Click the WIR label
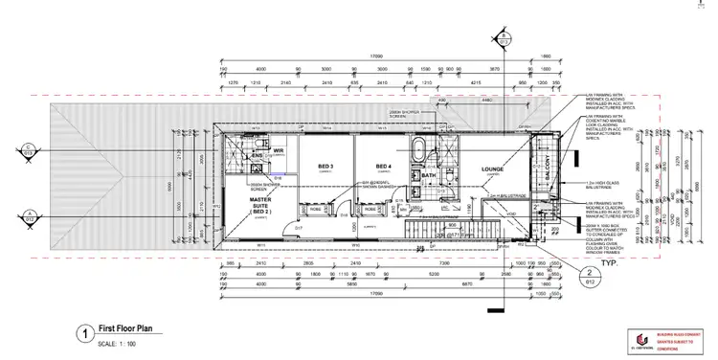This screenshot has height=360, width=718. click(x=279, y=150)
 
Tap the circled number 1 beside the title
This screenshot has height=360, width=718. click(x=87, y=334)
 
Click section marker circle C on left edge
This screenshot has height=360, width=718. click(x=30, y=148)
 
